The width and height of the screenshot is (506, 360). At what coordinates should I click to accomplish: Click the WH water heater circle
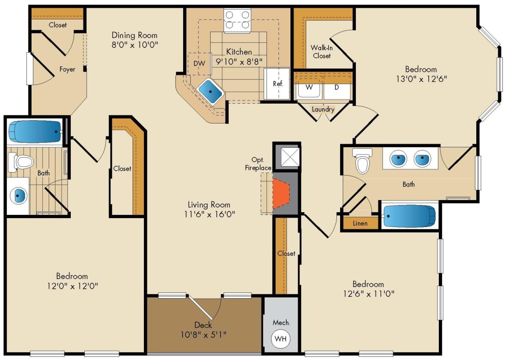(281, 339)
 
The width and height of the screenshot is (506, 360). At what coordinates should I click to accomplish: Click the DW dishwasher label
(199, 64)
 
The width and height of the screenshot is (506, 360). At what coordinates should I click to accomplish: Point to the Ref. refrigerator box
(277, 83)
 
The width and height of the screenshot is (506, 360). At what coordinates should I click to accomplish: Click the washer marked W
(309, 88)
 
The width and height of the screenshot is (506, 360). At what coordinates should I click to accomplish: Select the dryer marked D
(336, 88)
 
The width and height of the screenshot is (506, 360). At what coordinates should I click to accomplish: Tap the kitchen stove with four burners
(238, 20)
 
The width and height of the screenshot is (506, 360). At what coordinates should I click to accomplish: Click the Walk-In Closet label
(321, 52)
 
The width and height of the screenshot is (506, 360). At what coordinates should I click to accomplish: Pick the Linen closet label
(360, 223)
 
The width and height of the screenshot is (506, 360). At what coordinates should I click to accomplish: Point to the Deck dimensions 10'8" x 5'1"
(204, 334)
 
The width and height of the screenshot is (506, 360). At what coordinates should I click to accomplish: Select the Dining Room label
(134, 35)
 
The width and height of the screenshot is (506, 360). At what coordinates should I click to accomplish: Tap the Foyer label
(67, 69)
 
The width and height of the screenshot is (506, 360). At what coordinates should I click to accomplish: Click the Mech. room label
(281, 323)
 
